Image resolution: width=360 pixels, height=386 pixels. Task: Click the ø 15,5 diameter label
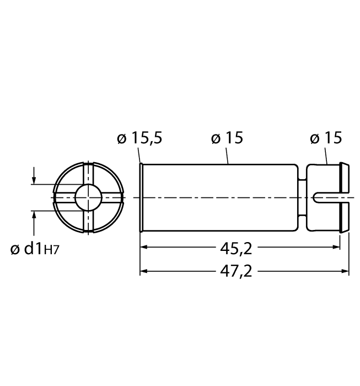(139, 138)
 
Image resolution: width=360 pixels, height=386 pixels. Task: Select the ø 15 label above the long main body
(227, 138)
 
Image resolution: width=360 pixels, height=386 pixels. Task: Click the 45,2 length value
(236, 249)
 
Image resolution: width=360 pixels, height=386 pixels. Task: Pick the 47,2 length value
(236, 271)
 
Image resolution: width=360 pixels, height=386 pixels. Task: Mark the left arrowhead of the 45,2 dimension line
(144, 249)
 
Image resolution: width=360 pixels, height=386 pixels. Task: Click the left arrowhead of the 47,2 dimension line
(144, 271)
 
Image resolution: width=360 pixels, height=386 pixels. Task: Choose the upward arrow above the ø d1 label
(34, 216)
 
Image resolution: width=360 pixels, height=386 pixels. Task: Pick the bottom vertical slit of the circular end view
(87, 221)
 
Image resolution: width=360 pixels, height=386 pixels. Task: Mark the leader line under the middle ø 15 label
(228, 157)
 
